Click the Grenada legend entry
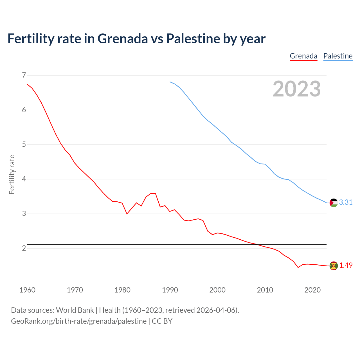tap(303, 56)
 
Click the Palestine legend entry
tap(338, 56)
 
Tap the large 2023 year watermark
tap(296, 89)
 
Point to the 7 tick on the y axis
tap(24, 75)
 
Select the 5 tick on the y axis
tap(24, 145)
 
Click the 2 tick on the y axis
tap(24, 248)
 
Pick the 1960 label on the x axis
tap(27, 290)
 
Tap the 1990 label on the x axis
tap(170, 290)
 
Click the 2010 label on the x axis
tap(265, 290)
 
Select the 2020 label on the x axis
tap(312, 290)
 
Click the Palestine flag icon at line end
tap(334, 202)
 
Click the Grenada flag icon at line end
tap(334, 265)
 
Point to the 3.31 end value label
tap(346, 202)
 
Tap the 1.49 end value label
tap(346, 265)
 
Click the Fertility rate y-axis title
tap(12, 174)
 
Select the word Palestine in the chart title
tap(193, 39)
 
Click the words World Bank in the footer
tap(75, 310)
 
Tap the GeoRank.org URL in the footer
tap(79, 321)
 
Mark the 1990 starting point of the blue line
tap(170, 82)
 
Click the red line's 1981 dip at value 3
tap(127, 214)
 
